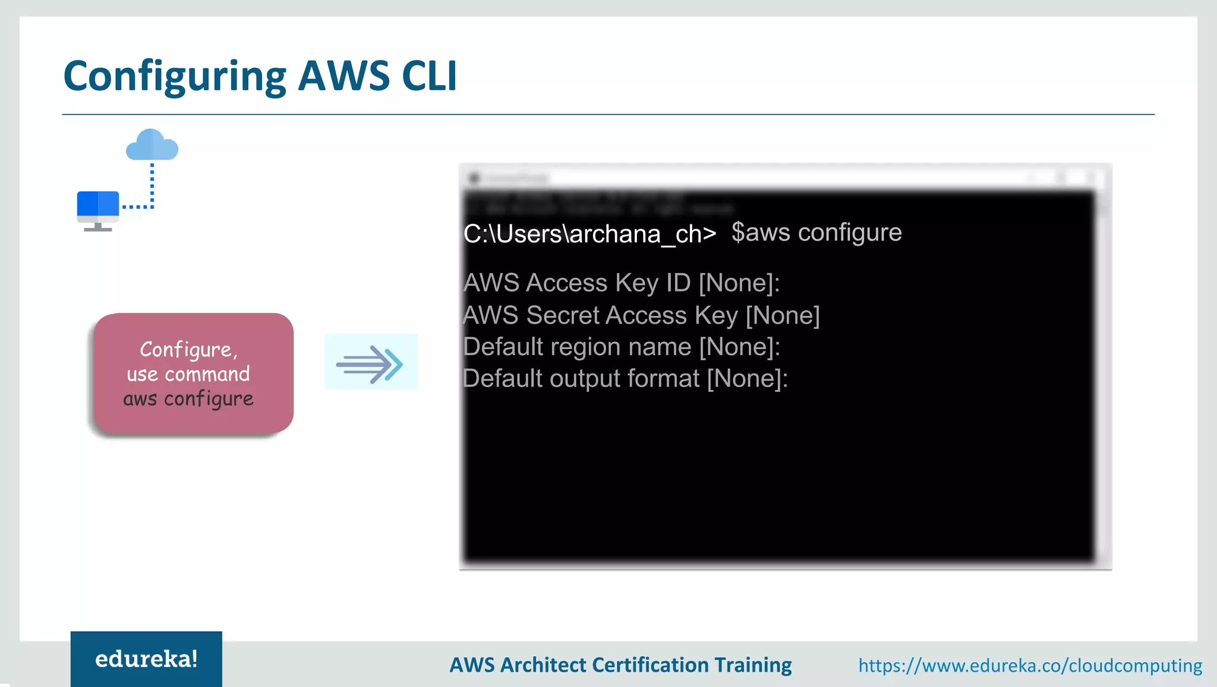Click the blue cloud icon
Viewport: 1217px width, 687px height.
coord(152,145)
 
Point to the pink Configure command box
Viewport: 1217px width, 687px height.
coord(194,373)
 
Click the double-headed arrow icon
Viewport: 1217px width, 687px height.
coord(371,362)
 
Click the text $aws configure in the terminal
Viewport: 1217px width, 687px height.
coord(816,233)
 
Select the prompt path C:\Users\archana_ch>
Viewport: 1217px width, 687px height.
coord(589,234)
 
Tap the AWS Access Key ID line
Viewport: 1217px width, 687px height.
coord(621,283)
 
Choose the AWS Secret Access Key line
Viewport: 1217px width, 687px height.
coord(641,315)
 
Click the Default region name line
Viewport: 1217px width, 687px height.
coord(621,347)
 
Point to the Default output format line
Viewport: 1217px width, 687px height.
coord(625,379)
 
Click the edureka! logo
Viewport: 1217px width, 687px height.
coord(146,659)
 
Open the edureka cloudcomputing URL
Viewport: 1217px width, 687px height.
coord(1030,665)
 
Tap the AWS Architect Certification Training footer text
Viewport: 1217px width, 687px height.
coord(620,665)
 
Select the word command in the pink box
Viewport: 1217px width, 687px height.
coord(207,374)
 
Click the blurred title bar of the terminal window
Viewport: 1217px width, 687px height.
coord(784,178)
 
